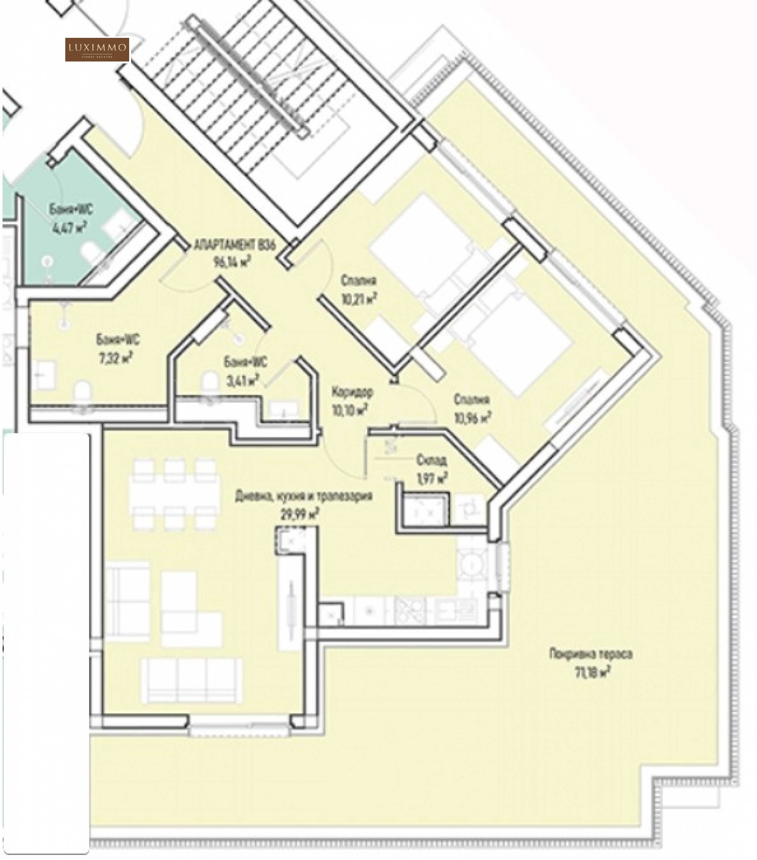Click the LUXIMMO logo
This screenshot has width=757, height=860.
pos(97,49)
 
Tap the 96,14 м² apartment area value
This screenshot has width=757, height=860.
pos(232,262)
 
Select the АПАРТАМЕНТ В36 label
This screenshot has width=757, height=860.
pos(235,246)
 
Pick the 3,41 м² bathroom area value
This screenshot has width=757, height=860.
pos(245,379)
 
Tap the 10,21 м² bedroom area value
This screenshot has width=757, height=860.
pos(358,298)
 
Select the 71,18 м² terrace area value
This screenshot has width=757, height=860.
pos(591,672)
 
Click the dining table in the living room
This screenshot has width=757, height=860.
pos(175,494)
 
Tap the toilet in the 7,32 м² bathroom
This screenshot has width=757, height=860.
pos(83,394)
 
